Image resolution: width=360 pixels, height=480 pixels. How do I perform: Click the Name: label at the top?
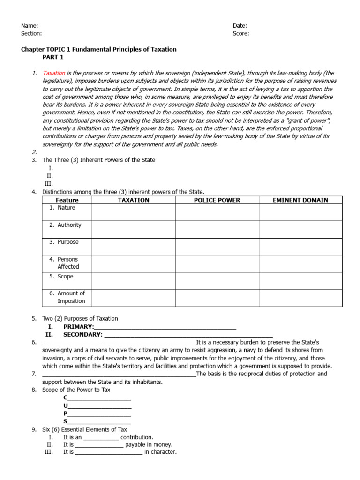(x=30, y=26)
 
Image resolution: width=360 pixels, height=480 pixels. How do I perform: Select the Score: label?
(x=241, y=33)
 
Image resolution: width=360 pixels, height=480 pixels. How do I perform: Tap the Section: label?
(x=31, y=33)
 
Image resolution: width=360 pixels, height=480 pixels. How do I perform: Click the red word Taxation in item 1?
(x=53, y=74)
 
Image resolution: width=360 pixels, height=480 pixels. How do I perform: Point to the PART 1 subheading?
(x=52, y=57)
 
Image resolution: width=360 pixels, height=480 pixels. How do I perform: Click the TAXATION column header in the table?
(x=134, y=200)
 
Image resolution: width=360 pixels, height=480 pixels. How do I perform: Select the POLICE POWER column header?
(x=217, y=200)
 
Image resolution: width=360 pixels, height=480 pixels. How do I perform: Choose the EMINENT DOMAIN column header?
(x=300, y=200)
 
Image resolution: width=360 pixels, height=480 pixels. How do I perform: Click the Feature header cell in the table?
(x=67, y=200)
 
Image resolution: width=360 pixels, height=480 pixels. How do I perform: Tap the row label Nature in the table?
(x=66, y=208)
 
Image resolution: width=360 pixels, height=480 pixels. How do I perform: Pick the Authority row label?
(x=69, y=225)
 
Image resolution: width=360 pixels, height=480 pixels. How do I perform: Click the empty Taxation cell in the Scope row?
(x=134, y=281)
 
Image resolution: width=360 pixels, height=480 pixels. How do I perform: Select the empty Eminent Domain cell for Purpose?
(x=300, y=246)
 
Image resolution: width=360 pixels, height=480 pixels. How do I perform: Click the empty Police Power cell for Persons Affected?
(x=217, y=263)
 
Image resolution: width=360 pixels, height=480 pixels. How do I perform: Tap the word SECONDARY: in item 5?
(x=83, y=335)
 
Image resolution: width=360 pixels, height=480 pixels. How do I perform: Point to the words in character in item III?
(x=160, y=452)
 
